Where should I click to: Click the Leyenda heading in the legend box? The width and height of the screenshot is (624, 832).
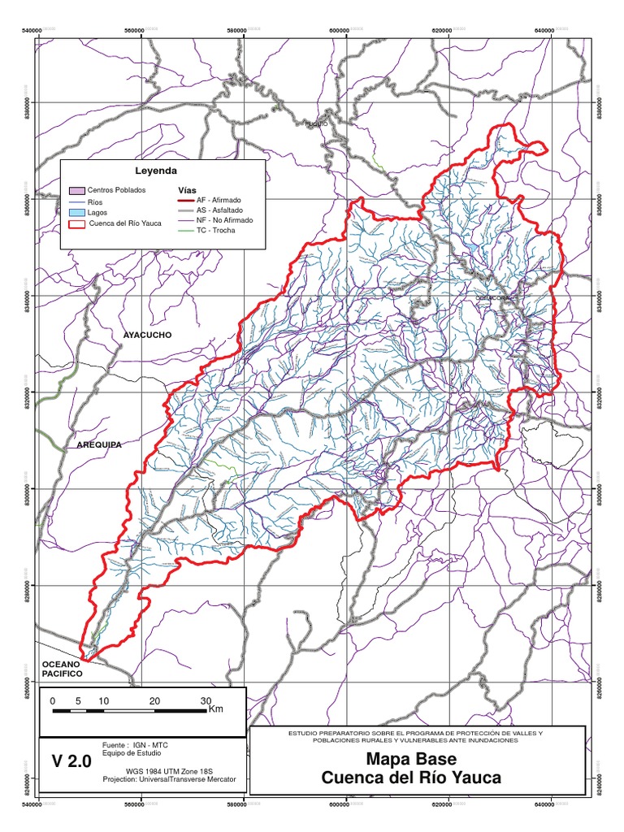(155, 171)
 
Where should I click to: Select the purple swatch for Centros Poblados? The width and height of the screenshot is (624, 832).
(77, 189)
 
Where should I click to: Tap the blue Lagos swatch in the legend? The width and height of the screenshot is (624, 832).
(77, 212)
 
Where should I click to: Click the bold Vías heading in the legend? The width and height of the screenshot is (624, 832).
(187, 188)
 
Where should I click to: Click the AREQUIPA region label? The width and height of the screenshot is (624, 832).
(99, 445)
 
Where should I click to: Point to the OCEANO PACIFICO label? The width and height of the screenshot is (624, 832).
(63, 669)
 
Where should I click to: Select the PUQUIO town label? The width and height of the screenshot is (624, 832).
(315, 124)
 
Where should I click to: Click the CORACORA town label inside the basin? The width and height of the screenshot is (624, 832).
(493, 297)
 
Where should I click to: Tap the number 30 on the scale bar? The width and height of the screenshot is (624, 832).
(205, 700)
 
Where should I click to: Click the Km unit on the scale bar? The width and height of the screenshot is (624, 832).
(216, 709)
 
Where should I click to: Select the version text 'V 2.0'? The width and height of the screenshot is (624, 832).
(72, 761)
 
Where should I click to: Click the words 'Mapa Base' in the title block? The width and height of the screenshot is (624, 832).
(411, 760)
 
